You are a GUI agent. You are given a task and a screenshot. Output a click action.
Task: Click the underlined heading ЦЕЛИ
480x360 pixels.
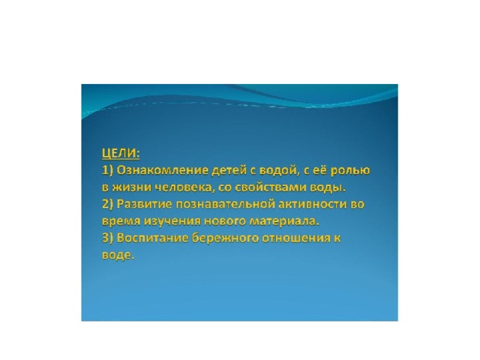pos(121,153)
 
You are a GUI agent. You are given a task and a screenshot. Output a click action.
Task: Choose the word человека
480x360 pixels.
pos(181,187)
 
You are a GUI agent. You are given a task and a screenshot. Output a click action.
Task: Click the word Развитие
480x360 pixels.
pos(144,204)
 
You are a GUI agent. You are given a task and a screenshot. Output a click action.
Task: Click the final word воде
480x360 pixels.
pos(118,255)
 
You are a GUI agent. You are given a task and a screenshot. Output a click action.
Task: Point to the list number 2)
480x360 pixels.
pos(107,204)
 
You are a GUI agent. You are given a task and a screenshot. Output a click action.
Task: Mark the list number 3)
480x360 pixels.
pos(107,238)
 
